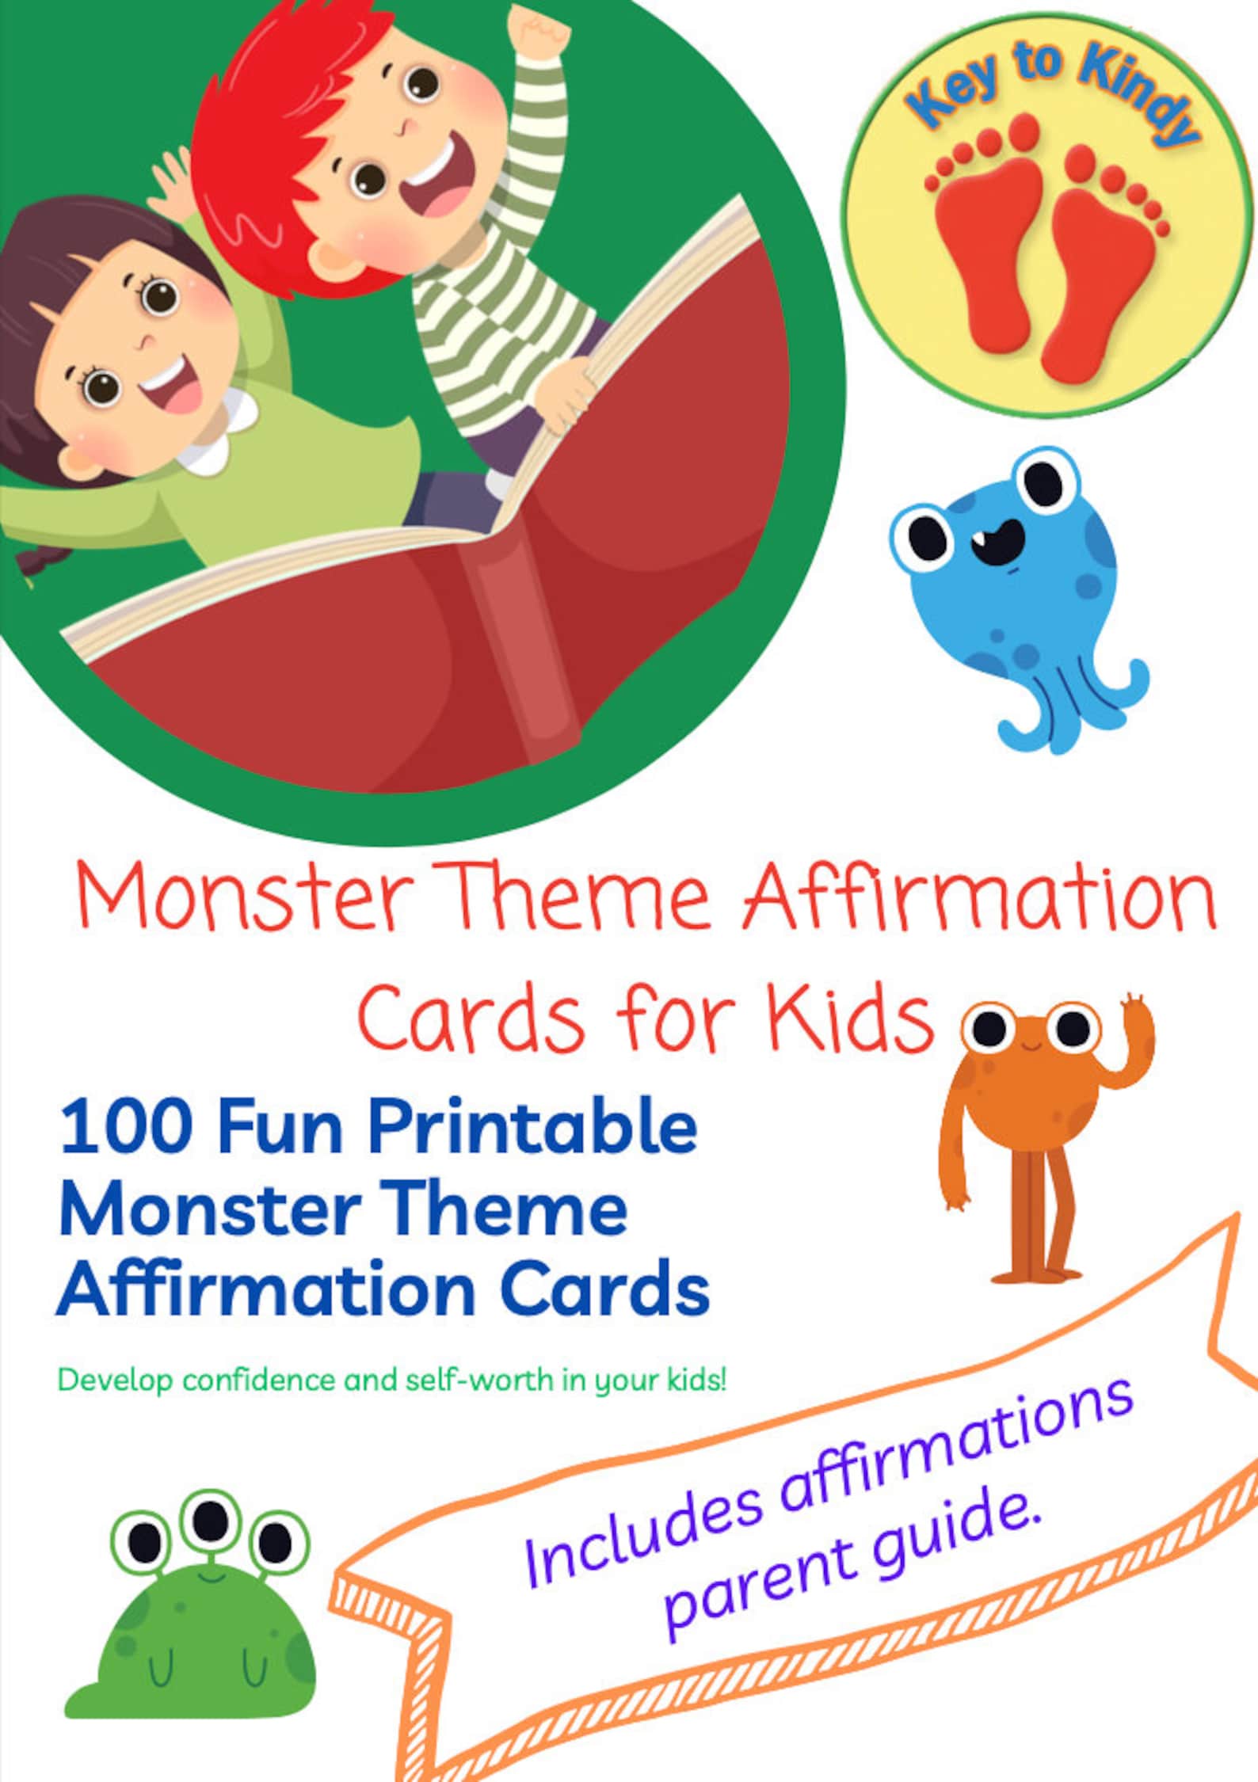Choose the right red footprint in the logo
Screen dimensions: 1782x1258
1101,253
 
